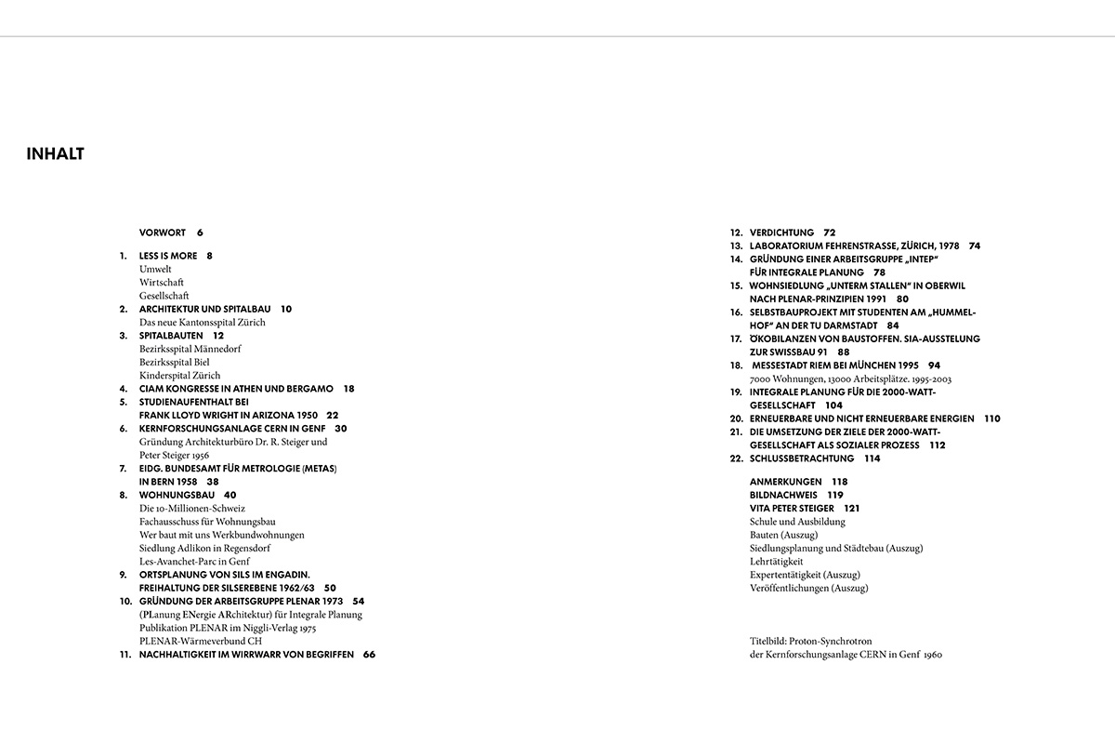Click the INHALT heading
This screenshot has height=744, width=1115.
click(56, 154)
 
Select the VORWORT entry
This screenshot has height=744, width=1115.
click(163, 232)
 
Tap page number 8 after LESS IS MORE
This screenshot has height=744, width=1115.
click(210, 256)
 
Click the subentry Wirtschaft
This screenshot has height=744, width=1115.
click(162, 282)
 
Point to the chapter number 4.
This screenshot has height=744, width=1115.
click(123, 389)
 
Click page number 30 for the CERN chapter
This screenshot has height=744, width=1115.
click(340, 429)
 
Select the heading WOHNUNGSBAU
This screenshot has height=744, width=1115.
click(176, 496)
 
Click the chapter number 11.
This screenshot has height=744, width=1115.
click(125, 655)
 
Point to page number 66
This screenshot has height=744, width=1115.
click(369, 655)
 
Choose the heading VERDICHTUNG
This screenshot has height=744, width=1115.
click(781, 232)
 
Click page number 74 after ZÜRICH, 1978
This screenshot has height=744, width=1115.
click(974, 246)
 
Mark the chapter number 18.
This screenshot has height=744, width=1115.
click(735, 365)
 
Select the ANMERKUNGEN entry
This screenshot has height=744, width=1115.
click(785, 482)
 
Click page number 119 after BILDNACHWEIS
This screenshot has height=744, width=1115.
click(834, 496)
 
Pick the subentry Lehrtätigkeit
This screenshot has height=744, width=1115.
click(776, 562)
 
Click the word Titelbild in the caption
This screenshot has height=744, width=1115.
click(769, 641)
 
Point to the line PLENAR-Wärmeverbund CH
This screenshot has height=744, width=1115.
click(201, 641)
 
